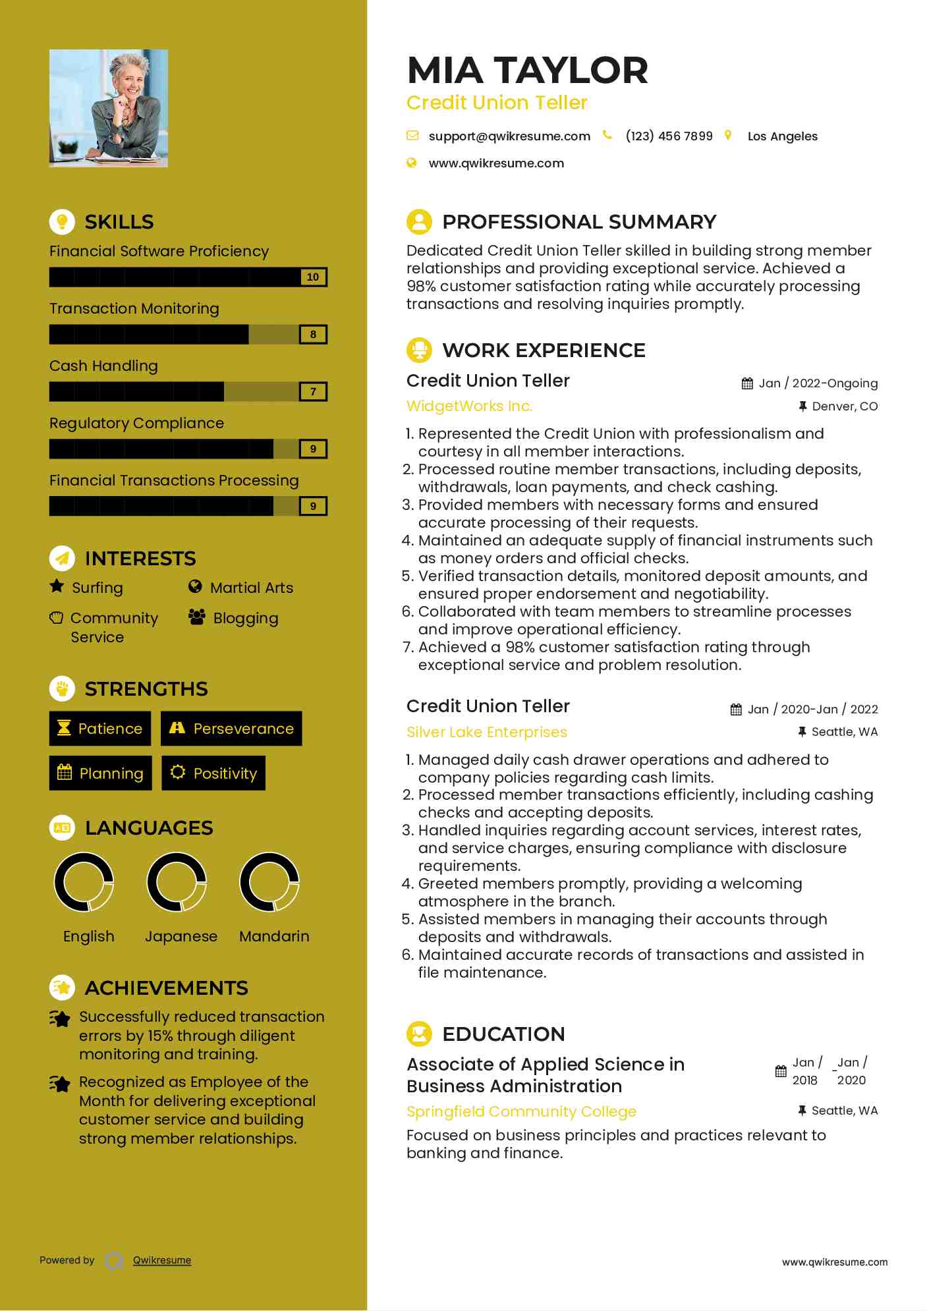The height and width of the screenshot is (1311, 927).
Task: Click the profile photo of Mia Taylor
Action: [108, 108]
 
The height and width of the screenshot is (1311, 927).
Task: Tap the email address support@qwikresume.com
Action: [509, 136]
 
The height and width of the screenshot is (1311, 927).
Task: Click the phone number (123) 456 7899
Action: [669, 136]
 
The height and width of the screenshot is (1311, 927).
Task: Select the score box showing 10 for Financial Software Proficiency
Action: [313, 277]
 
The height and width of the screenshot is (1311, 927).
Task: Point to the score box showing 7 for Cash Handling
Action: [313, 392]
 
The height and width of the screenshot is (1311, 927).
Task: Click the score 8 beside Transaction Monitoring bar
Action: [313, 335]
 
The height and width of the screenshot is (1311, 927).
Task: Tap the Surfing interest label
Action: [98, 588]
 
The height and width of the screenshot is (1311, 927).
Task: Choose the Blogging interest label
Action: [246, 618]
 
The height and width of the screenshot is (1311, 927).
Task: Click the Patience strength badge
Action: [100, 729]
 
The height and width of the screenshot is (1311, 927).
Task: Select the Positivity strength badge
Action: [213, 773]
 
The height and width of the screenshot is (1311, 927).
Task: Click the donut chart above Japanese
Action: [177, 882]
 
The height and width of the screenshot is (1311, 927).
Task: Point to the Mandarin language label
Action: [274, 936]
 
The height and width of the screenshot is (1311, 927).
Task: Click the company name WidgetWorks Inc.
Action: [469, 406]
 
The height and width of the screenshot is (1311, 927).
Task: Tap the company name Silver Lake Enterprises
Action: [486, 732]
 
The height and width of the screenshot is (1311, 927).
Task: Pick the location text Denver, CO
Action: [844, 406]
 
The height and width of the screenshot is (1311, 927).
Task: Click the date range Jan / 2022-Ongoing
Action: [818, 383]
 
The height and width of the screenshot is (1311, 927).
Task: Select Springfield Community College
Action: [521, 1111]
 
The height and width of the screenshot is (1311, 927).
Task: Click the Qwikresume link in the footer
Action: [162, 1260]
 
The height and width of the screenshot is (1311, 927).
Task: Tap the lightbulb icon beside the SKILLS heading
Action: [62, 221]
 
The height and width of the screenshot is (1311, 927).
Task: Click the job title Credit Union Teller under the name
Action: [497, 103]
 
